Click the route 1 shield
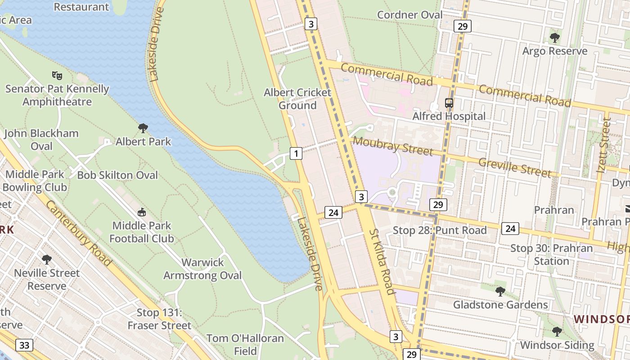(296, 153)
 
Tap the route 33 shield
(24, 345)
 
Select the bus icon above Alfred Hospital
(449, 103)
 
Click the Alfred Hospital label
(449, 116)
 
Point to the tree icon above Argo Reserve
(554, 37)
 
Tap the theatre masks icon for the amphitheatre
(57, 75)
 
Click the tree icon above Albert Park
(143, 128)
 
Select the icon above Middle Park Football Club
(142, 212)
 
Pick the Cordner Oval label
(409, 15)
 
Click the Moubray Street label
(392, 146)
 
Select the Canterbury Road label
(78, 233)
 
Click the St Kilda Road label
(382, 261)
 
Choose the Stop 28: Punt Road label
(440, 230)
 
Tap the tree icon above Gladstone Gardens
(500, 291)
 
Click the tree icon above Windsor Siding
(557, 332)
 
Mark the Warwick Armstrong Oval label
(202, 269)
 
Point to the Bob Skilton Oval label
(117, 175)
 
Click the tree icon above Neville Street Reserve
(46, 260)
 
